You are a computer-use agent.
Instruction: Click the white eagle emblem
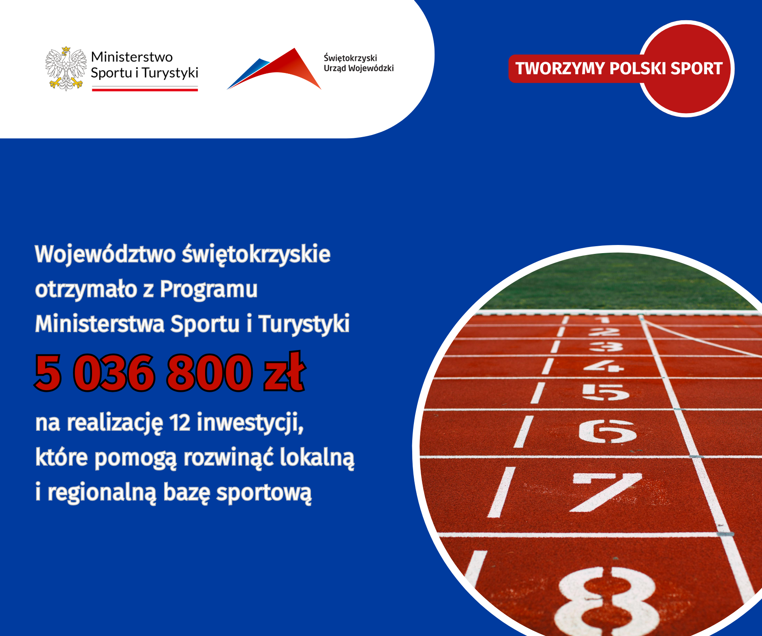point(66,69)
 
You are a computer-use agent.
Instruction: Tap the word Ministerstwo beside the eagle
point(132,57)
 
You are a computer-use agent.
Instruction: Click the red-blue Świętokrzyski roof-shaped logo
point(274,69)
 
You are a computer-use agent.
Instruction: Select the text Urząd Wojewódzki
point(359,68)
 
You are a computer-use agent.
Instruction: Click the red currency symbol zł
point(284,371)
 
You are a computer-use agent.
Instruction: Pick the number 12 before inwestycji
point(180,422)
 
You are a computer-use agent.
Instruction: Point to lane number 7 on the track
point(606,492)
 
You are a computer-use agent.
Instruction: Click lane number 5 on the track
point(606,392)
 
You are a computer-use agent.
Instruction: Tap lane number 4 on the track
point(604,366)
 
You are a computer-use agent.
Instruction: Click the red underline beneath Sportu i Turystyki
point(145,89)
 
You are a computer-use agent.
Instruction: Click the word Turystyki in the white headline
point(304,325)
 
